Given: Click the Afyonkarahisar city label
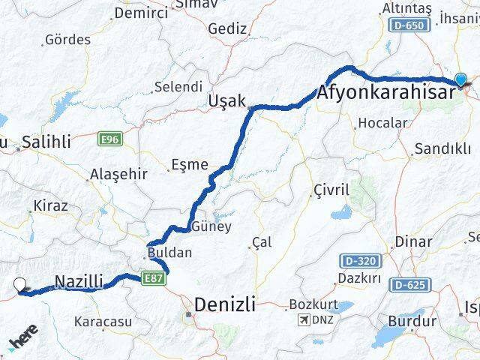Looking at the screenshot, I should click(x=385, y=93).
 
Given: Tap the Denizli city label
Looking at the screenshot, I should click(x=224, y=304).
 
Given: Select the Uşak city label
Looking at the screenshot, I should click(x=227, y=100).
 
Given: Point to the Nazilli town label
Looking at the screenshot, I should click(x=78, y=282).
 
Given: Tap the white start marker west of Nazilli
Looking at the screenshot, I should click(x=20, y=284).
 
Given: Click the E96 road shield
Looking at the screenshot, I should click(x=109, y=138).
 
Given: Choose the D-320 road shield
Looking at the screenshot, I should click(x=361, y=260).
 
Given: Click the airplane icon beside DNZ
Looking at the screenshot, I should click(x=304, y=321).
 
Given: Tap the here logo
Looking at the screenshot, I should click(x=24, y=340).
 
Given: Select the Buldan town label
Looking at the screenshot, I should click(x=169, y=253).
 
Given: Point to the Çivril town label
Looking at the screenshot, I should click(x=331, y=190).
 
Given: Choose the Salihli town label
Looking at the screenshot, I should click(x=46, y=141).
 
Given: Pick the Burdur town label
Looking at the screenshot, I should click(x=412, y=321).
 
